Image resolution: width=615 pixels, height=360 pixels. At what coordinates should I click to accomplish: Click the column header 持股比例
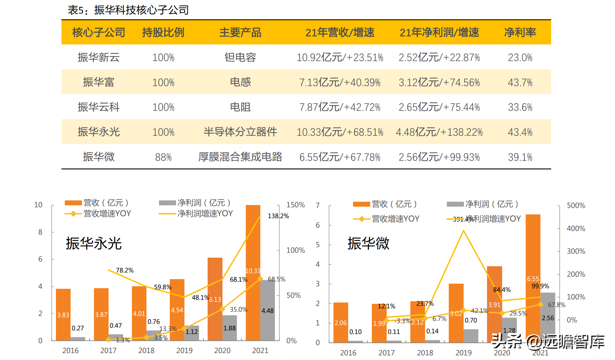[163, 32]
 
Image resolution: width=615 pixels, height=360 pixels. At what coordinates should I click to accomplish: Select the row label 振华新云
[98, 57]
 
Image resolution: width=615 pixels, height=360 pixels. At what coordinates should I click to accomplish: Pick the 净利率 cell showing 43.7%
[520, 82]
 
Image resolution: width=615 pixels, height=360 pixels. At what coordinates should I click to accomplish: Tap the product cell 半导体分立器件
[240, 132]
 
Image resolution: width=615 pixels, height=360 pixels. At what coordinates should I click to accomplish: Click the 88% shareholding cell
[163, 157]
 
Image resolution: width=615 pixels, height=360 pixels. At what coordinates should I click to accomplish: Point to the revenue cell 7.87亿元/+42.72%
[340, 107]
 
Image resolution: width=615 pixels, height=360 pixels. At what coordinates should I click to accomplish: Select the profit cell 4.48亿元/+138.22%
[439, 132]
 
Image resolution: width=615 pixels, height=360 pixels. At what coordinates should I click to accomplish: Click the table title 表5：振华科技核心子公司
[128, 10]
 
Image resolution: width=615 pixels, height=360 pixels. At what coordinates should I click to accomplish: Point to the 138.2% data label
[278, 216]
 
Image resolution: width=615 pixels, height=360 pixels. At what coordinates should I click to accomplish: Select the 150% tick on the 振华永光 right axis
[295, 205]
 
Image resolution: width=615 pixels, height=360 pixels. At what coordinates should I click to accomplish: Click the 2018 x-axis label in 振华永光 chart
[146, 350]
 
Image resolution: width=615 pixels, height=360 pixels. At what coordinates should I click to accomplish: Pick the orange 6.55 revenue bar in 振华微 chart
[533, 263]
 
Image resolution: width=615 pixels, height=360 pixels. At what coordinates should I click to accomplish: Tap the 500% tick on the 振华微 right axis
[576, 205]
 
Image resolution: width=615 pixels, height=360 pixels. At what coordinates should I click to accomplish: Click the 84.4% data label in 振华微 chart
[501, 290]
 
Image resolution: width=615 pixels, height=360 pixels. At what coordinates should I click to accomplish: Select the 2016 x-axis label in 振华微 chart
[348, 353]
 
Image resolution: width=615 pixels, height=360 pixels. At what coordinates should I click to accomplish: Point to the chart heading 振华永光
[94, 244]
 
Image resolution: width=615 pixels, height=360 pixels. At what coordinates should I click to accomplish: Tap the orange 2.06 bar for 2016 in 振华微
[341, 322]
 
